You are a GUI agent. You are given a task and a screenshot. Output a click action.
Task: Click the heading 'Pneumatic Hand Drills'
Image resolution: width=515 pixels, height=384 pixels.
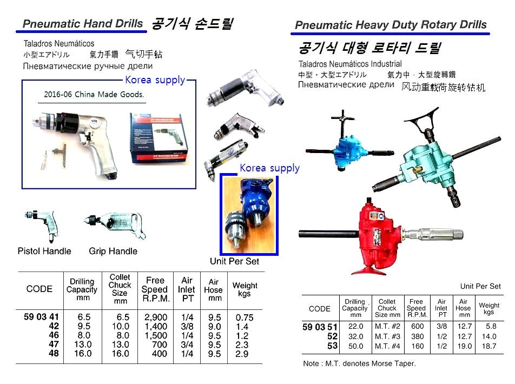(83, 24)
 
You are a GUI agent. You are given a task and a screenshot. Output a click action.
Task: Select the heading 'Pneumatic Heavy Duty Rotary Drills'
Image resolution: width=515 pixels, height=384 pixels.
(391, 25)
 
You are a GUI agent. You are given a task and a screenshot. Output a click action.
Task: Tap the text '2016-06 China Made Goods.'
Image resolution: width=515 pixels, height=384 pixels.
(94, 94)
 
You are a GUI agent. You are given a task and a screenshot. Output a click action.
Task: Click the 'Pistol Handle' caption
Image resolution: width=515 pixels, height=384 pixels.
(44, 251)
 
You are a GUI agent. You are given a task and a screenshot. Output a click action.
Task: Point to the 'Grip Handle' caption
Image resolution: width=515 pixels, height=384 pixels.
(113, 251)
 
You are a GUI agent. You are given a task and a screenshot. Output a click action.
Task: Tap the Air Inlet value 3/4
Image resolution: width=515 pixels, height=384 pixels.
(187, 345)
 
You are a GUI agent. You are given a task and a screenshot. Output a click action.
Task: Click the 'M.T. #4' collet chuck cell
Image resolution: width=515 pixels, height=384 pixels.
(387, 345)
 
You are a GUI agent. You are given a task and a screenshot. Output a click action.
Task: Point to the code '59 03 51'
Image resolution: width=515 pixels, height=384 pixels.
(320, 326)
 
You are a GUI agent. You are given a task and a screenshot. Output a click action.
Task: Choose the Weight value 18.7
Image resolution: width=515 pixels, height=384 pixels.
(488, 345)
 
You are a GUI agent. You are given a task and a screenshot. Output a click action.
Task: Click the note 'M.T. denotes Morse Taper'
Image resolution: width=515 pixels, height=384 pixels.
(359, 363)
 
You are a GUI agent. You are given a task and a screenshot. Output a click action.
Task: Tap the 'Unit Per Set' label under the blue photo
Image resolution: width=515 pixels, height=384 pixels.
(234, 261)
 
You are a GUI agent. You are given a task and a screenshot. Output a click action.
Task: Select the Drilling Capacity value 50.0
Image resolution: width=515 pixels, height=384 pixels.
(355, 345)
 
